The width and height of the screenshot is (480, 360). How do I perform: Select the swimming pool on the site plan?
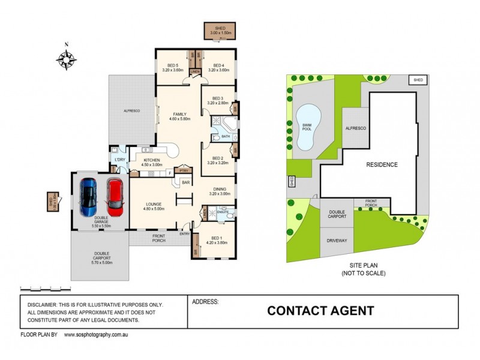point(307,127)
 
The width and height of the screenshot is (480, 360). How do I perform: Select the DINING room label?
point(219,190)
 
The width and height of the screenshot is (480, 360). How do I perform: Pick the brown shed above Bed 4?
point(220,31)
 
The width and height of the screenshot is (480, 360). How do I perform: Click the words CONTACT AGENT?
point(320,311)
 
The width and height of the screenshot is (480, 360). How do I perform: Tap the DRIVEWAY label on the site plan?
point(337,240)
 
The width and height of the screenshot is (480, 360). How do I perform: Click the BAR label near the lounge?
point(185,182)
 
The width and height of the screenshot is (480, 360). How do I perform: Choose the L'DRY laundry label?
point(119,159)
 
